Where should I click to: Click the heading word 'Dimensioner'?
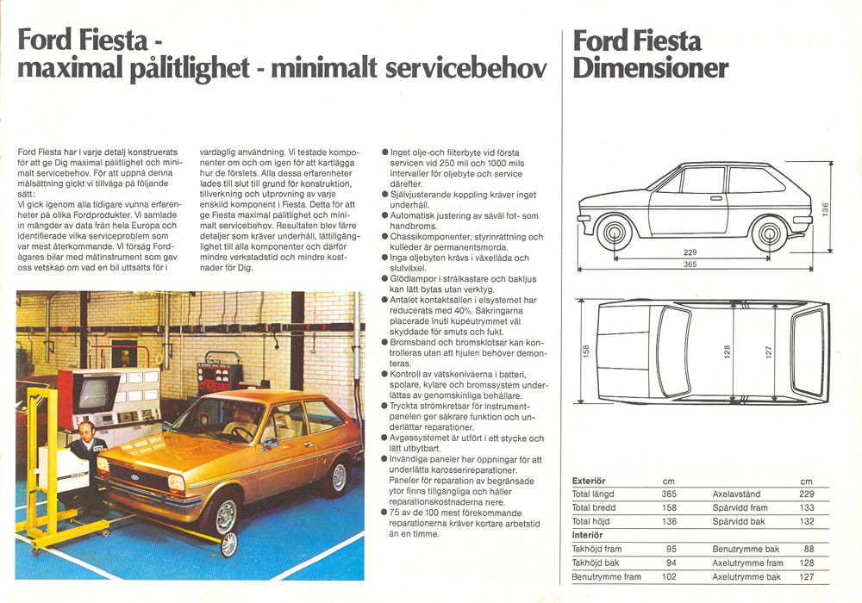tap(651, 68)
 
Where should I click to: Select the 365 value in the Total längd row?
tap(668, 494)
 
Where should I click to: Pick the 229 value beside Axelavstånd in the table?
tap(806, 494)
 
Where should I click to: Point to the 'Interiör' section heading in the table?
tap(589, 535)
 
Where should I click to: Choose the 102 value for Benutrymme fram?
tap(668, 576)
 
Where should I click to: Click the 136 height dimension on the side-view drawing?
tap(825, 209)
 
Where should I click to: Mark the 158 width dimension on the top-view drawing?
tap(586, 351)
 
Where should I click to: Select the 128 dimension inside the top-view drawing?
tap(727, 351)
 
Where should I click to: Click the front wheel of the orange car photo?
tap(222, 516)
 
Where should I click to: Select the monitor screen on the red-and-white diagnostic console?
tap(95, 393)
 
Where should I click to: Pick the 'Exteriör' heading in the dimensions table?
tap(590, 481)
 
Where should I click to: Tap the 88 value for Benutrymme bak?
tap(809, 549)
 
